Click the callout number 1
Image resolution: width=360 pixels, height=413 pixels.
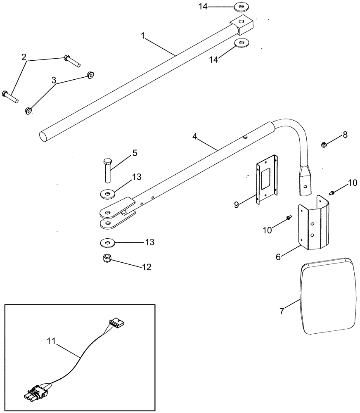click(142, 36)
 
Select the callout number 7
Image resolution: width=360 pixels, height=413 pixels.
click(282, 311)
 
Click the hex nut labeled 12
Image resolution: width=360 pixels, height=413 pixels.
click(107, 259)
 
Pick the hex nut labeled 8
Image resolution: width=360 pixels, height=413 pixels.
click(324, 145)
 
